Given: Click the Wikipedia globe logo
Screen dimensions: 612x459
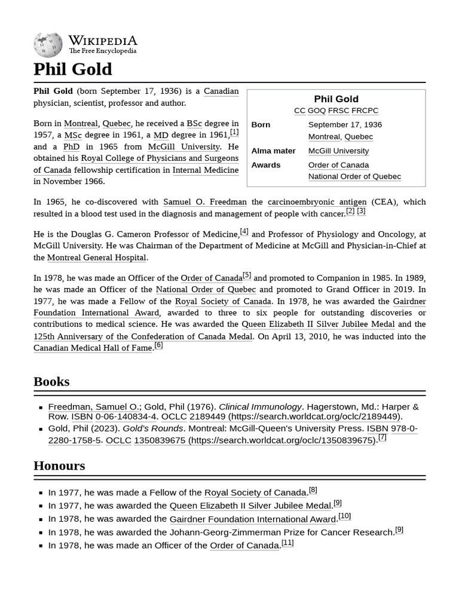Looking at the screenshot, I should [48, 45].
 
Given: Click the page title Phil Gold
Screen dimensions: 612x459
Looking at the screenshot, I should [72, 69].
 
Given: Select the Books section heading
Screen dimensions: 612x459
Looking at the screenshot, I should [51, 381].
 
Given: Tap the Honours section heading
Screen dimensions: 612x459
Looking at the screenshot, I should [59, 466].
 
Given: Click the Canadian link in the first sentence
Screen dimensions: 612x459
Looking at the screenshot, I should [221, 91].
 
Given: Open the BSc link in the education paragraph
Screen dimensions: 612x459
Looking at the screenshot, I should [194, 124].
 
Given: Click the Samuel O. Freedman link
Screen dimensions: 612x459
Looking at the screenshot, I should [204, 202].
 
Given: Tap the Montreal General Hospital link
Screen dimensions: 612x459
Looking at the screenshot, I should [96, 258].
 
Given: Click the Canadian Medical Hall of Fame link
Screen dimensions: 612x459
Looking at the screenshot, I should [93, 348].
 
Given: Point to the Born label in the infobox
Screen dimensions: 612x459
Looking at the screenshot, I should [261, 125].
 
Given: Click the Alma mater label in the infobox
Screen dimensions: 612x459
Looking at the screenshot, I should [273, 151].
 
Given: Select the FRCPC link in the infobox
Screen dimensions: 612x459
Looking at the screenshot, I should [365, 111].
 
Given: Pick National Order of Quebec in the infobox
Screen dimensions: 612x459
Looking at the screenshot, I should [354, 176].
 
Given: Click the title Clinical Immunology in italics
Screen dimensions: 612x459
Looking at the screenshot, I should [261, 407].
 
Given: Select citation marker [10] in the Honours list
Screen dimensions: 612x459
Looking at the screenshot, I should [344, 516].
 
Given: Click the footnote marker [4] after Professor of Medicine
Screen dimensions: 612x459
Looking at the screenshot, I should [244, 231].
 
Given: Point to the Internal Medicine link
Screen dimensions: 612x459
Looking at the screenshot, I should [205, 170].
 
